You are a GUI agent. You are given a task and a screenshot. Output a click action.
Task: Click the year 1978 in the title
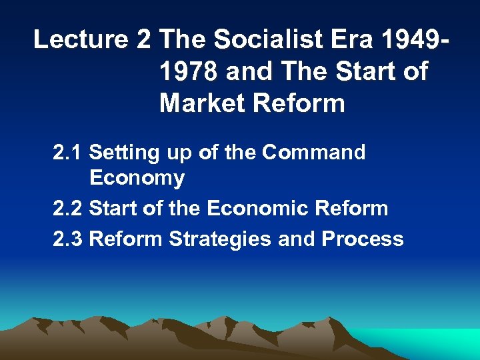(189, 71)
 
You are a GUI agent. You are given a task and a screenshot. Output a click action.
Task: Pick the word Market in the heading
(200, 103)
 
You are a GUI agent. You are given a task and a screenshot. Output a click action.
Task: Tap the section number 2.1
(67, 153)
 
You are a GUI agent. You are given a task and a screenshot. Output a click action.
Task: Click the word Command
(313, 153)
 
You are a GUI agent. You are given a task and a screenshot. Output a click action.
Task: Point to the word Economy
(137, 178)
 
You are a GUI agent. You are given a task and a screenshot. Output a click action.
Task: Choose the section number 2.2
(67, 208)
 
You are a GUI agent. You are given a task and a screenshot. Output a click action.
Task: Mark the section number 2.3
(67, 239)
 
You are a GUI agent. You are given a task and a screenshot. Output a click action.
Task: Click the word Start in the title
(364, 71)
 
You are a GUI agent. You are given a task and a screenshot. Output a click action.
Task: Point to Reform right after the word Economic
(347, 208)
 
